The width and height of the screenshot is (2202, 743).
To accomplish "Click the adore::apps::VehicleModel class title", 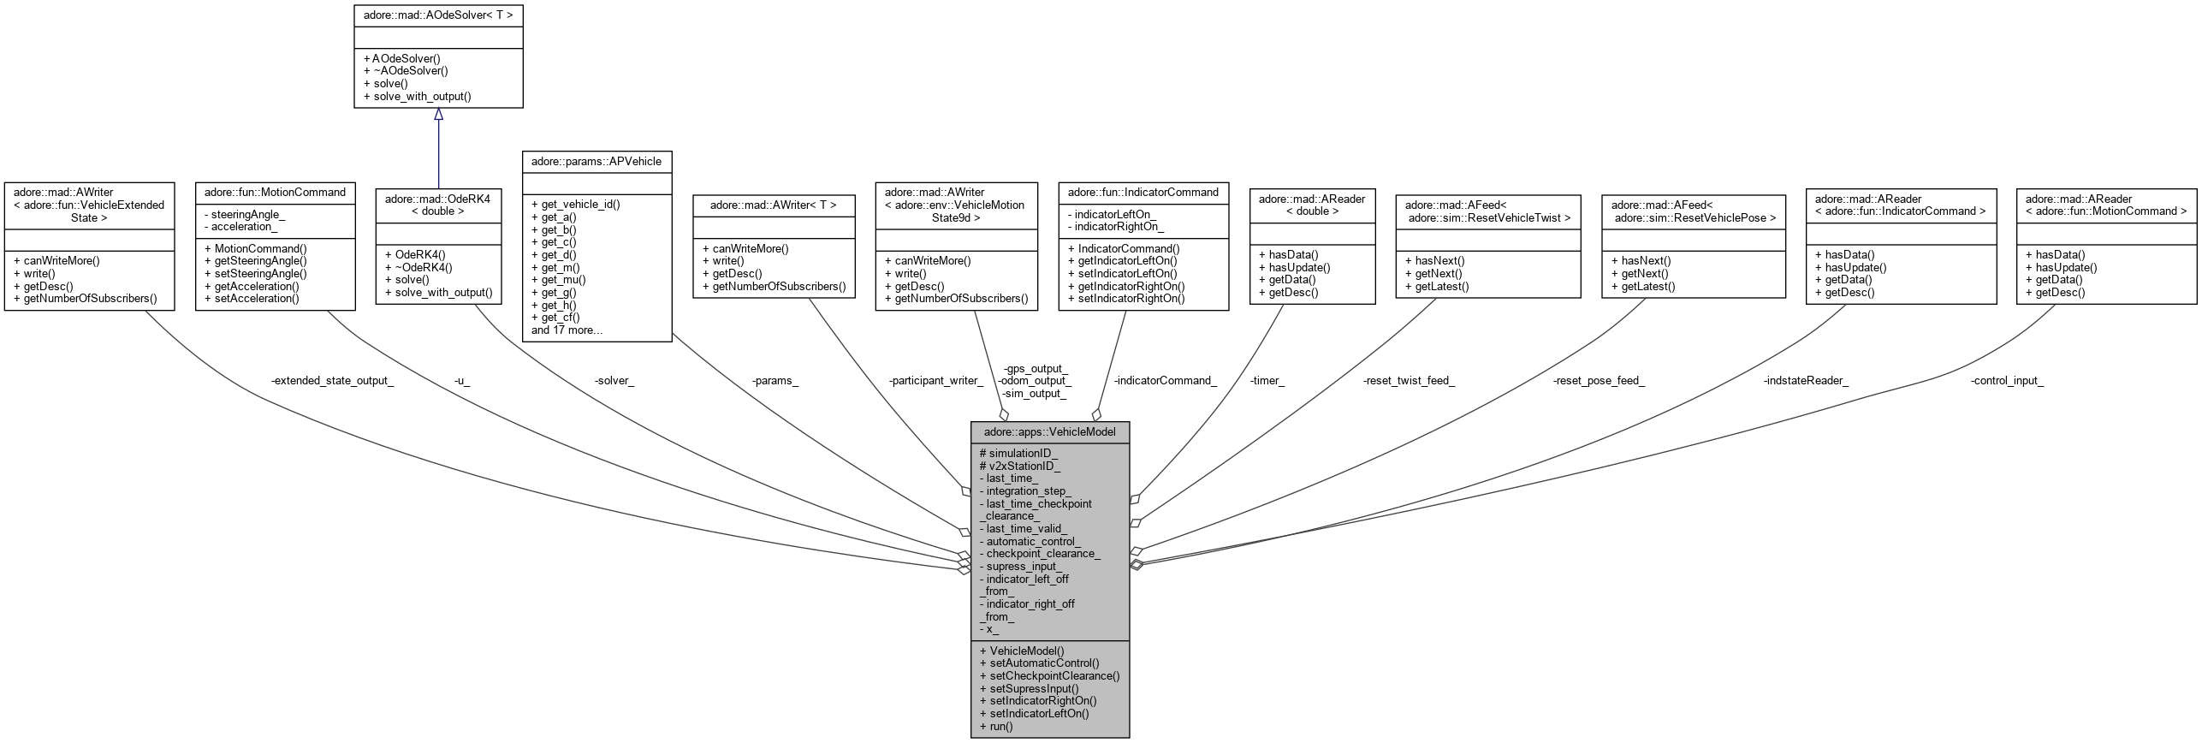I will tap(1049, 431).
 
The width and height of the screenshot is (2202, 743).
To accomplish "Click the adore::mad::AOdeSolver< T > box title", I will tap(438, 15).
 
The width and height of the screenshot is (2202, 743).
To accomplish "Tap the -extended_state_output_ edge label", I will tap(332, 380).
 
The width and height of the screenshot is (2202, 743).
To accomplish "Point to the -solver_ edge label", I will tap(614, 380).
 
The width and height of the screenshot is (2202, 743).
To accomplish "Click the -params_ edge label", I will tap(775, 380).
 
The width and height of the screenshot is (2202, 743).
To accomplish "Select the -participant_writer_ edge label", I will tap(935, 380).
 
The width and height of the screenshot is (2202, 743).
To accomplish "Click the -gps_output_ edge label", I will tap(1036, 368).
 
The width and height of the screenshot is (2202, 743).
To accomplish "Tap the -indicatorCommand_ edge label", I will tap(1165, 380).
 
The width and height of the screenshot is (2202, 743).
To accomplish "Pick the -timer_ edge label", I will tap(1267, 380).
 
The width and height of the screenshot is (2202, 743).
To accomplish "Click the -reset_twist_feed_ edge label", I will tap(1409, 380).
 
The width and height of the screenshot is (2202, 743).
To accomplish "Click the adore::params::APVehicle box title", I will tap(596, 161).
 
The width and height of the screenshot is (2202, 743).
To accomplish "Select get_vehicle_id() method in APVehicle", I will tap(575, 205).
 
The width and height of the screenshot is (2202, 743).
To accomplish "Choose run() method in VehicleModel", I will tap(996, 726).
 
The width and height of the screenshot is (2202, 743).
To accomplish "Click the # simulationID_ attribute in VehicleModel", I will tap(1018, 453).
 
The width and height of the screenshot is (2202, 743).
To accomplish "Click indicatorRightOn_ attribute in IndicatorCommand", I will tap(1115, 227).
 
